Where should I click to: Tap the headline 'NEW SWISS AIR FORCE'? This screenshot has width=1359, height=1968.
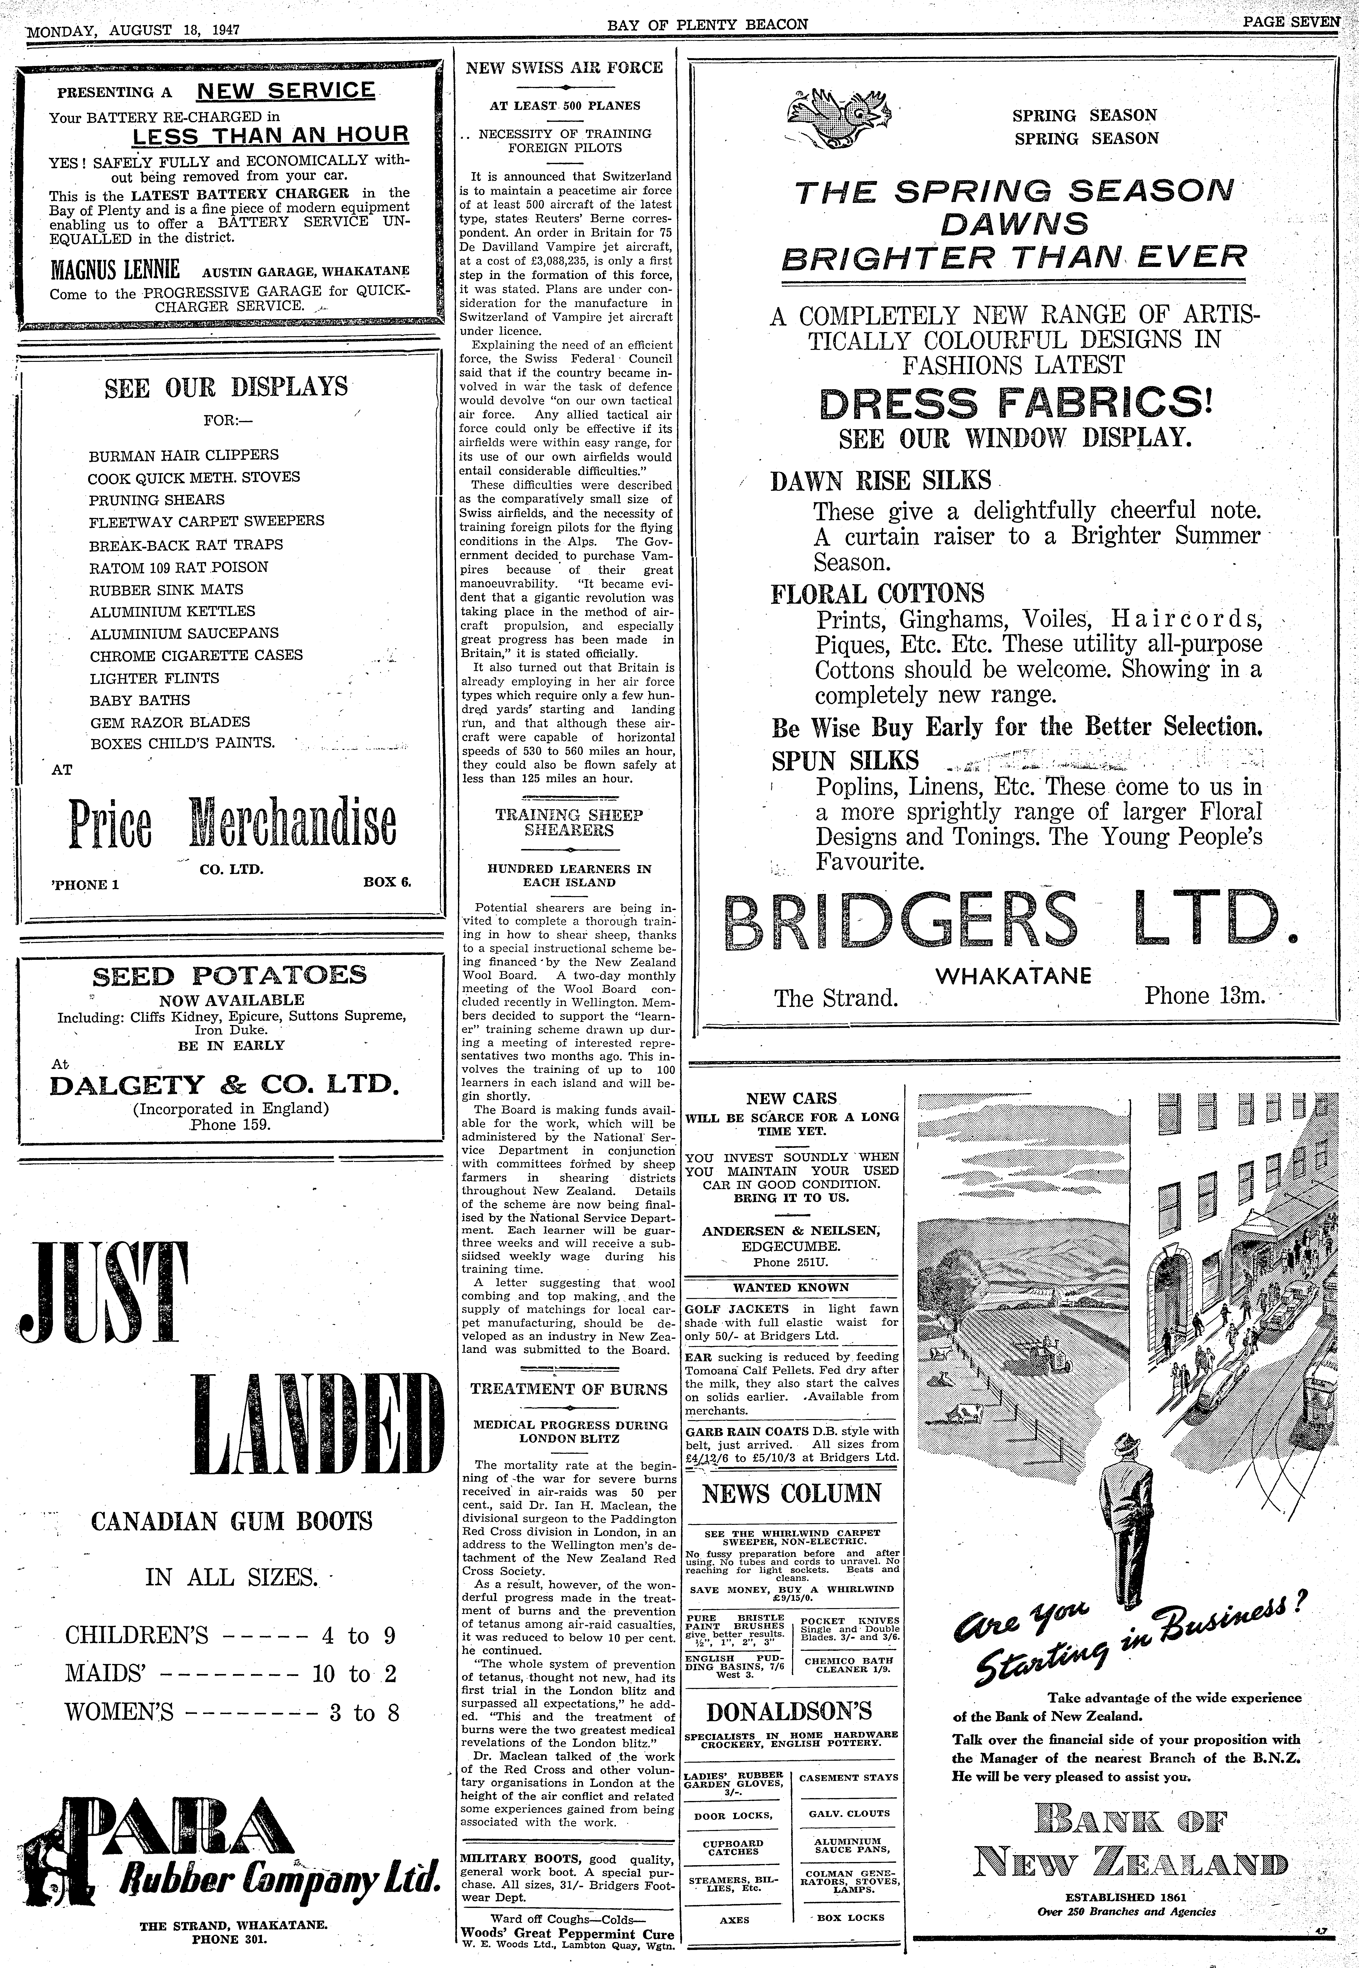(565, 67)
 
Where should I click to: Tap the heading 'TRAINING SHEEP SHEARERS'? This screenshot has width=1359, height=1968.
(569, 822)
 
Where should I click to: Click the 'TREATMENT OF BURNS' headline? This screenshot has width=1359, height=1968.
(569, 1389)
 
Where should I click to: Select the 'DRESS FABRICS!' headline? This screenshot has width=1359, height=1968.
(1014, 403)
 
